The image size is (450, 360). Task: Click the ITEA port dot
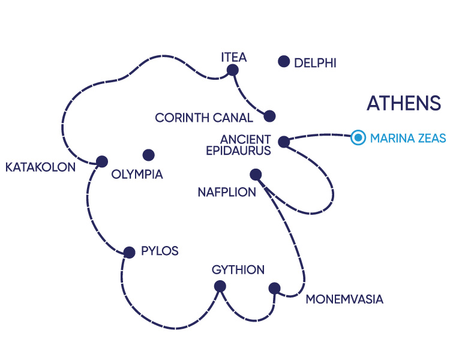tap(232, 70)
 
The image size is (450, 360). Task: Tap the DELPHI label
tap(315, 62)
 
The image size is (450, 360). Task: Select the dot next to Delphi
tap(284, 61)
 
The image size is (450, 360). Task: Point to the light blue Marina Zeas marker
tap(358, 138)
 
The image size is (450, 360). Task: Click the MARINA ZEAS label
tap(408, 139)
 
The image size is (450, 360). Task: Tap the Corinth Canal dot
tap(269, 116)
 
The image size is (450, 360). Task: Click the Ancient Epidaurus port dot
tap(284, 142)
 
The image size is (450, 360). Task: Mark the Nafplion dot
tap(256, 175)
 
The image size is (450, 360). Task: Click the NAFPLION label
tap(227, 193)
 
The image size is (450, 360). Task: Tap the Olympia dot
tap(148, 155)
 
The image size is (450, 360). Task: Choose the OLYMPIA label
tap(137, 175)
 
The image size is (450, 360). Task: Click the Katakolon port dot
tap(101, 161)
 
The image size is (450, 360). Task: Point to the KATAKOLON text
tap(41, 167)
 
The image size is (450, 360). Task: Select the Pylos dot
tap(128, 252)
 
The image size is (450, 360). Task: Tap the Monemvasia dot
tap(274, 287)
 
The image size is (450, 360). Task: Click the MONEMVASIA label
tap(344, 299)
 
